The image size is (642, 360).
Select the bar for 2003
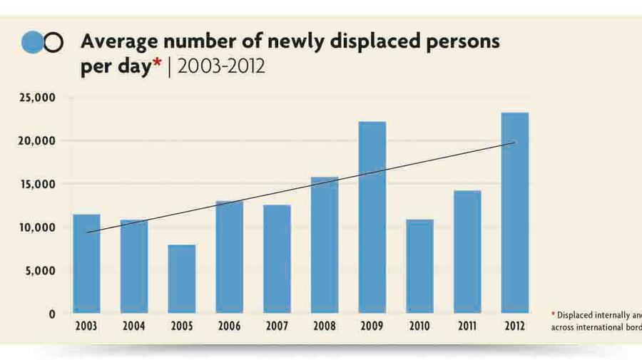[86, 264]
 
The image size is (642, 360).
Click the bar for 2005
[182, 279]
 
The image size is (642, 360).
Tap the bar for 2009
[372, 217]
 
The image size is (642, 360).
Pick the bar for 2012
[514, 213]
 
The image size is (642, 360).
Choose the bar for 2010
[419, 267]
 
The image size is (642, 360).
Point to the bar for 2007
[277, 259]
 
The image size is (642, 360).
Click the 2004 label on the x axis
[133, 326]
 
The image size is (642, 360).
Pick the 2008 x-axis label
[324, 326]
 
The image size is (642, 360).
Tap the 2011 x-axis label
[467, 326]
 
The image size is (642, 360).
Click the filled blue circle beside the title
[33, 43]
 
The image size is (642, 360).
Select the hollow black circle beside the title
[53, 43]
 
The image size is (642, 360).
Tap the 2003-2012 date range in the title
[221, 66]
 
